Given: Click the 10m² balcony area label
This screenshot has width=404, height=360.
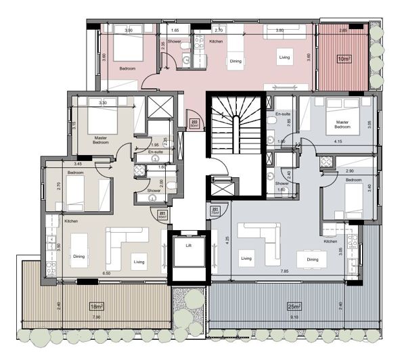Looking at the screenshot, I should click(344, 59).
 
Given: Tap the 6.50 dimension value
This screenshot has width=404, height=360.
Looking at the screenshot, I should click(107, 272).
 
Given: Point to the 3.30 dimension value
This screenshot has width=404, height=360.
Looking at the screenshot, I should click(103, 103).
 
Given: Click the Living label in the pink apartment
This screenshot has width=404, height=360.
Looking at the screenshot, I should click(284, 58).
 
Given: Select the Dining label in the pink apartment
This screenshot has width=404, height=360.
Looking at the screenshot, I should click(235, 61).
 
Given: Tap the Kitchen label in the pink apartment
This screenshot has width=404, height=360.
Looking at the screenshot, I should click(216, 42).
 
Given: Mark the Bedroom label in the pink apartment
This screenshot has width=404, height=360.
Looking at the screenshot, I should click(127, 69).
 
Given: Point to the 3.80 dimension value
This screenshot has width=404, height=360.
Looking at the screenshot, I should click(279, 30).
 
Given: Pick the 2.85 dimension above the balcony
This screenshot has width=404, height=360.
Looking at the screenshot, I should click(343, 30).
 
